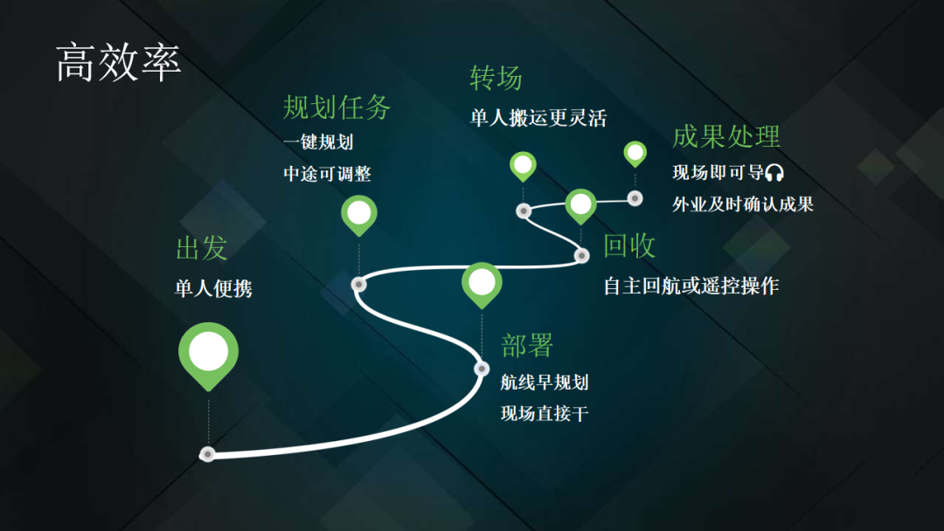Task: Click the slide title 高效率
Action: tap(118, 63)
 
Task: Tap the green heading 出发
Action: tap(201, 247)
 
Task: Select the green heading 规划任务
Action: tap(337, 107)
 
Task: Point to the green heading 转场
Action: tap(496, 78)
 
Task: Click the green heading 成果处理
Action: tap(725, 136)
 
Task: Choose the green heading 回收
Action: tap(629, 245)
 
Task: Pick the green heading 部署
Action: tap(527, 345)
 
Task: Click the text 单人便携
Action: tap(213, 288)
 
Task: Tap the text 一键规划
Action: tap(318, 141)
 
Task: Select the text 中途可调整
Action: tap(327, 174)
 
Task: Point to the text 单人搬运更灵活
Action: tap(538, 118)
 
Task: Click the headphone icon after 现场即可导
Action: tap(774, 173)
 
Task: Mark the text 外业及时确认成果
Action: tap(743, 204)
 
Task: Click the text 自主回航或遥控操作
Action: tap(691, 286)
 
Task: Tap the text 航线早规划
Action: tap(545, 382)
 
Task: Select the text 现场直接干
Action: tap(545, 413)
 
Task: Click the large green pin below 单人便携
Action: tap(208, 353)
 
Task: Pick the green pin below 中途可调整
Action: tap(358, 213)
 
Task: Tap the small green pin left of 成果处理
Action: tap(635, 153)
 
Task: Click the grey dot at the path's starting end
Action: tap(207, 454)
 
